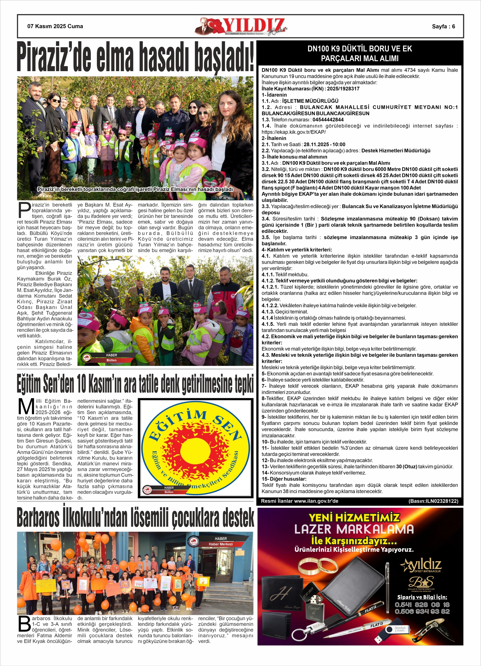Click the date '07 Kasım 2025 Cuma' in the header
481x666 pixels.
point(55,26)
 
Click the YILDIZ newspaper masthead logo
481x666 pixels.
point(241,26)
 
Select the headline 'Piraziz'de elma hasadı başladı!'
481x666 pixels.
point(135,57)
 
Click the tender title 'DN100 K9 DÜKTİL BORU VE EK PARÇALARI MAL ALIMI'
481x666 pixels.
point(360,53)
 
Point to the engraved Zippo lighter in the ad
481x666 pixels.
point(313,604)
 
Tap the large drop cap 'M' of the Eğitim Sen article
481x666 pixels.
point(26,407)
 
